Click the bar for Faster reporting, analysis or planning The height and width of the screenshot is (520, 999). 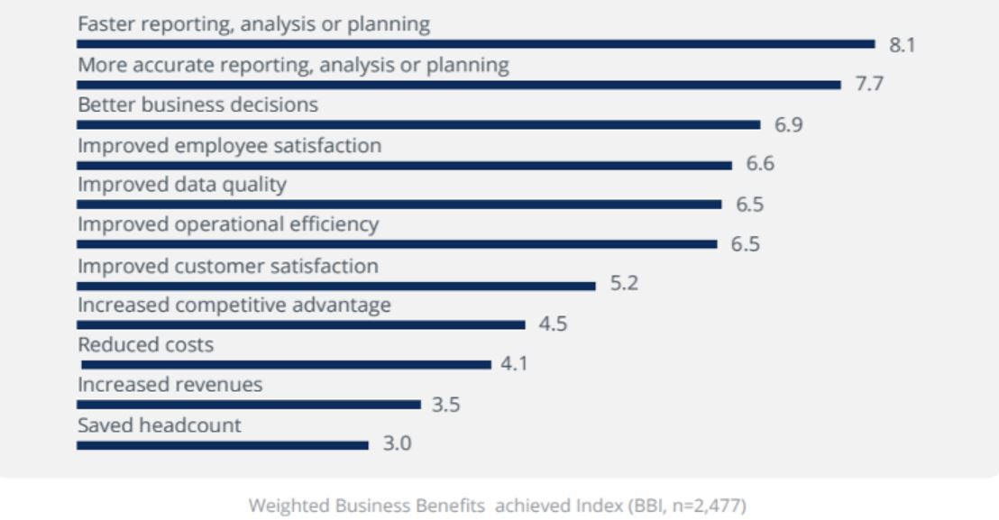tap(476, 43)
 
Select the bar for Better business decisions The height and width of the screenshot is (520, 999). tap(418, 124)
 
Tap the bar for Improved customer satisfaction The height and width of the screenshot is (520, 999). tap(336, 286)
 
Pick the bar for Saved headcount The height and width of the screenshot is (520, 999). tap(223, 444)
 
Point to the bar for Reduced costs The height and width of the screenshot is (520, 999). tap(286, 364)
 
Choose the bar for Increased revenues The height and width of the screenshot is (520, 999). tap(249, 404)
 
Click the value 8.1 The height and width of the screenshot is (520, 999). tap(903, 45)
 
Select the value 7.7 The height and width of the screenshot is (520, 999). tap(869, 85)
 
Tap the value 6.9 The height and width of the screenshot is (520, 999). tap(789, 125)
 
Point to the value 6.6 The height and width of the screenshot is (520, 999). tap(760, 164)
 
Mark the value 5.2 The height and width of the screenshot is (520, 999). tap(625, 284)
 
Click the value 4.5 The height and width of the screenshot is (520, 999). tap(553, 324)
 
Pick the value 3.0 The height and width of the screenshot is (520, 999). tap(398, 444)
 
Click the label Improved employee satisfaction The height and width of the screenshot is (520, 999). tap(229, 145)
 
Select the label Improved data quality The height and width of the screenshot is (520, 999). tap(181, 185)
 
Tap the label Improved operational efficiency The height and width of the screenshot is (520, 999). tap(228, 224)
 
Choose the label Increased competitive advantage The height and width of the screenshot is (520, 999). tap(234, 305)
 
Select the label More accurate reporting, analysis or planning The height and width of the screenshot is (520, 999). tap(293, 65)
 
